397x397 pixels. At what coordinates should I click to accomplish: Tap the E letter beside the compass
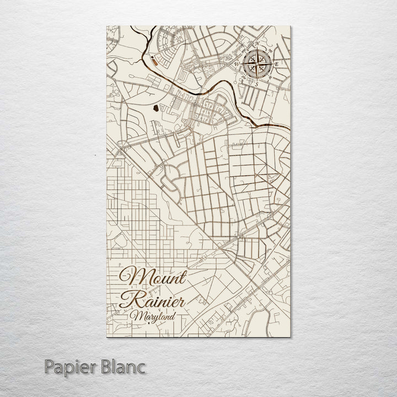[277, 65]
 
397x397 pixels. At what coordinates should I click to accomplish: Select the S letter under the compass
[256, 84]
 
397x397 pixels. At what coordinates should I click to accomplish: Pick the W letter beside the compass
[237, 64]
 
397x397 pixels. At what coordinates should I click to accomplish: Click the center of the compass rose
[257, 63]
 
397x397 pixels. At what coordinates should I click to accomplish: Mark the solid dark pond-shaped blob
[157, 108]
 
